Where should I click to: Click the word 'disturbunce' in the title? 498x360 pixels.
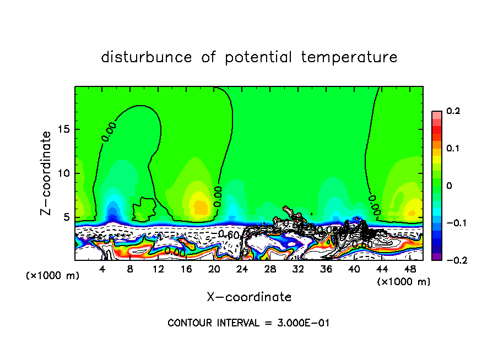(x=146, y=57)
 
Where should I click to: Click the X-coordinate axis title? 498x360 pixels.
(x=249, y=297)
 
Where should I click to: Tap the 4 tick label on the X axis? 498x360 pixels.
(x=102, y=269)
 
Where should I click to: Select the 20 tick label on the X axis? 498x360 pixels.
(x=214, y=269)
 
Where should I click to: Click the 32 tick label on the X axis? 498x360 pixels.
(x=298, y=269)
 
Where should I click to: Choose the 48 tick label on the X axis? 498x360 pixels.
(x=409, y=269)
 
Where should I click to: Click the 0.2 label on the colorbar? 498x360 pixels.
(x=452, y=111)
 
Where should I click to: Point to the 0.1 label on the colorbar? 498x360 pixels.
(x=452, y=149)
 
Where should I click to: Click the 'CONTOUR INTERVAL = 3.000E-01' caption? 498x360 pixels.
(x=248, y=323)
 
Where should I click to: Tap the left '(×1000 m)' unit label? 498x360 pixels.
(x=53, y=276)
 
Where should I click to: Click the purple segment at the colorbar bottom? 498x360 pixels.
(x=436, y=257)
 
